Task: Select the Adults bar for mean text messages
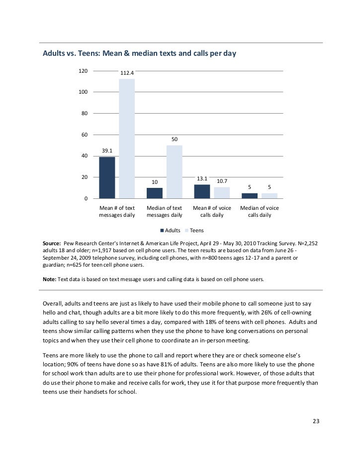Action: pyautogui.click(x=107, y=177)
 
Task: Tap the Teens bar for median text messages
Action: pyautogui.click(x=175, y=172)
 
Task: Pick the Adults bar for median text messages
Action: pyautogui.click(x=155, y=193)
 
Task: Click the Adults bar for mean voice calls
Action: pyautogui.click(x=202, y=191)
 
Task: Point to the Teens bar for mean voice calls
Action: pyautogui.click(x=222, y=193)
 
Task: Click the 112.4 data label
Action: pyautogui.click(x=127, y=73)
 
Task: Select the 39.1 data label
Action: pyautogui.click(x=107, y=151)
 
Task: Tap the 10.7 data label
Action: pyautogui.click(x=222, y=181)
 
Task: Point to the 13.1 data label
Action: pyautogui.click(x=202, y=178)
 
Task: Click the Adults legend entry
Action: pyautogui.click(x=170, y=231)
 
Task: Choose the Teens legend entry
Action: pyautogui.click(x=194, y=231)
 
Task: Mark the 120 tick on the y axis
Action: pyautogui.click(x=83, y=71)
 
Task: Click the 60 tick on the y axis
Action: pyautogui.click(x=85, y=135)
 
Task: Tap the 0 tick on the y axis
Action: pyautogui.click(x=86, y=199)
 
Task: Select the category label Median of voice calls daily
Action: pyautogui.click(x=260, y=211)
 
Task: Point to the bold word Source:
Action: pyautogui.click(x=52, y=243)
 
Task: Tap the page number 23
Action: pyautogui.click(x=316, y=422)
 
